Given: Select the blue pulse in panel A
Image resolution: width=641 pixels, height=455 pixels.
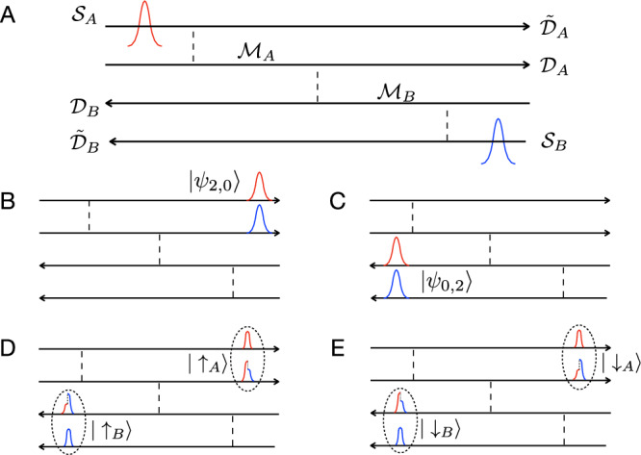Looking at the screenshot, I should pyautogui.click(x=498, y=139).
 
